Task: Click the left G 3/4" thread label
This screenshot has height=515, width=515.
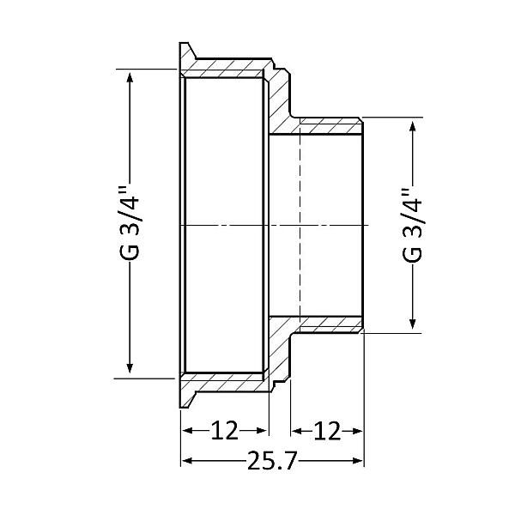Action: coord(130,224)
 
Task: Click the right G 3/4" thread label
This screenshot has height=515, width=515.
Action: coord(412,224)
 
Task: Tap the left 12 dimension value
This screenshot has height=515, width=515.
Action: coord(225,430)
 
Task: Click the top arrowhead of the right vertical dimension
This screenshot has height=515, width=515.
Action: coord(415,124)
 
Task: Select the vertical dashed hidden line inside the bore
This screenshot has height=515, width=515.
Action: coord(300,225)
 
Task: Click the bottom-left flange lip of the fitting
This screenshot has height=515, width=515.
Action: coord(185,395)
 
